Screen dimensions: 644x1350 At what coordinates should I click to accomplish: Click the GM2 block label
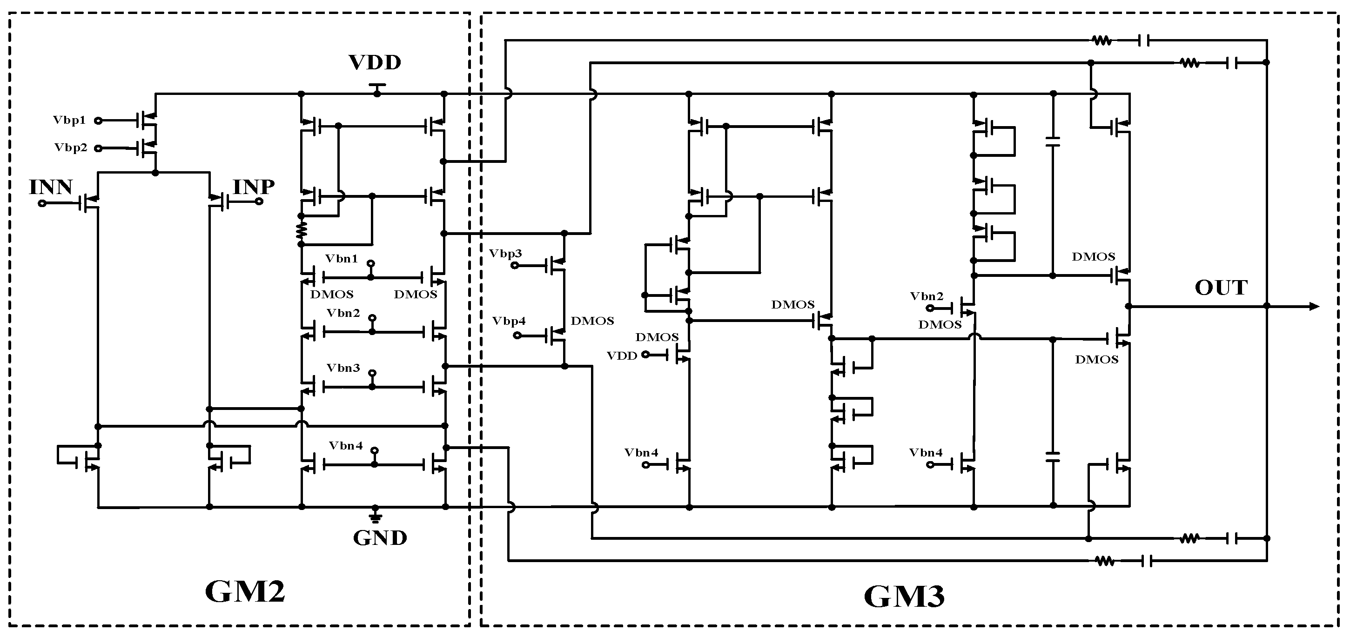(245, 591)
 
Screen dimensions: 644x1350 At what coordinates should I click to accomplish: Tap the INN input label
(50, 188)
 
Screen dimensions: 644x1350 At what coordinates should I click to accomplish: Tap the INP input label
(254, 187)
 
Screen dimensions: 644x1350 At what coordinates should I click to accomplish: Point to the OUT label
(1221, 288)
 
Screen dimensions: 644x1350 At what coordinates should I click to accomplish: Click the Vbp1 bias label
(69, 121)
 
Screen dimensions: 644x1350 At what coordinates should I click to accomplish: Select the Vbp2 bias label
(70, 148)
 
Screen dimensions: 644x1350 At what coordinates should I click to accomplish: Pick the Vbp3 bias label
(505, 254)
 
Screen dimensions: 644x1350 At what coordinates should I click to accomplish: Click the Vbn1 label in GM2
(341, 259)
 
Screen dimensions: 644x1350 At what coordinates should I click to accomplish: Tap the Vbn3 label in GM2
(343, 369)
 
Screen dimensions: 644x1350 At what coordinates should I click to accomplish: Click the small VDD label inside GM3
(622, 356)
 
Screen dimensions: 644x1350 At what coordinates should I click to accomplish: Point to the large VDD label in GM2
(375, 63)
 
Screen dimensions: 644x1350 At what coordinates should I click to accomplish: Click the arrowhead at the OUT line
(1314, 307)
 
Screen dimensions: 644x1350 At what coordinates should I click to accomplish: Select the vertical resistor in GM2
(301, 230)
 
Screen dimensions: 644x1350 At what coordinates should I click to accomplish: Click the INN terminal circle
(42, 203)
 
